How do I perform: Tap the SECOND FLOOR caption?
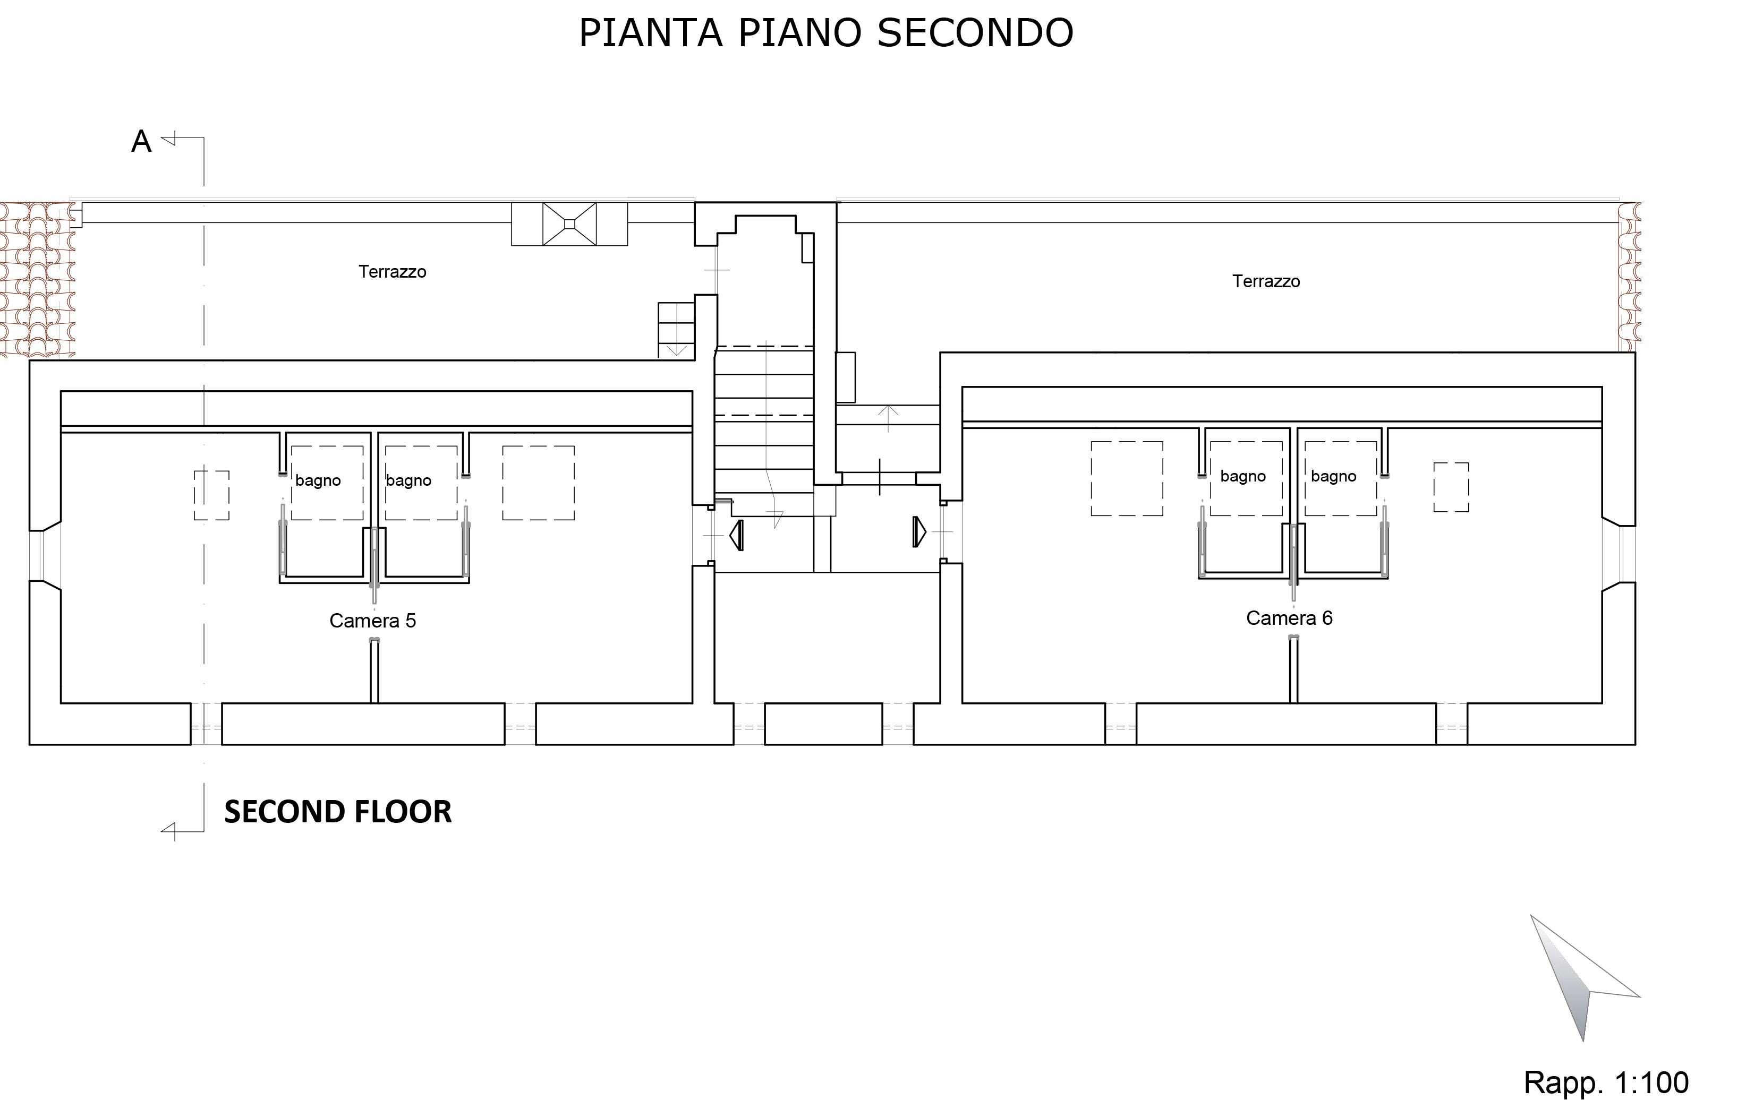point(338,812)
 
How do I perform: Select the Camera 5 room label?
point(373,621)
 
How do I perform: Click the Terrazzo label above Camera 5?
point(392,272)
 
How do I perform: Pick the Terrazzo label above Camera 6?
point(1266,281)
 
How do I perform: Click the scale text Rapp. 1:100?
point(1606,1082)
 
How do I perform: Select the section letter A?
point(141,142)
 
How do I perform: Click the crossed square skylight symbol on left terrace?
point(569,224)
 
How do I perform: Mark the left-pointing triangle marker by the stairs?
point(737,535)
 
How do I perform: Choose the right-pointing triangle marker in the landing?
point(919,532)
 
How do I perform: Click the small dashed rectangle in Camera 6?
point(1451,487)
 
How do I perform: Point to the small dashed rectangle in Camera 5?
point(212,495)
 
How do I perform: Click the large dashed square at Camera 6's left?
point(1127,478)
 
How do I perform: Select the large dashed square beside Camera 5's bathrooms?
point(539,483)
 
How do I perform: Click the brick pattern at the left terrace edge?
point(38,280)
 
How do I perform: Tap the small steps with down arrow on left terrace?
point(676,330)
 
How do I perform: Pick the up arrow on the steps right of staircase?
point(888,419)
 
